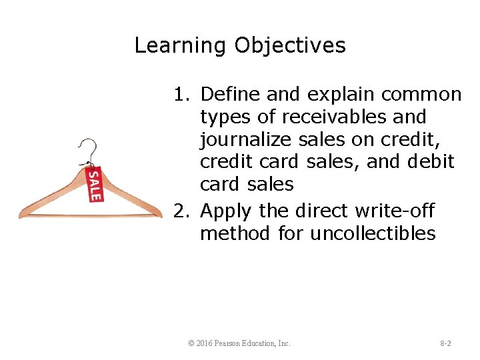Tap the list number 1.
point(181,95)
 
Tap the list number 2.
point(181,211)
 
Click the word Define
point(226,95)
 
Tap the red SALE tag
point(95,184)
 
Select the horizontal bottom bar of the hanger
point(90,215)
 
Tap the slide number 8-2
point(445,343)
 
